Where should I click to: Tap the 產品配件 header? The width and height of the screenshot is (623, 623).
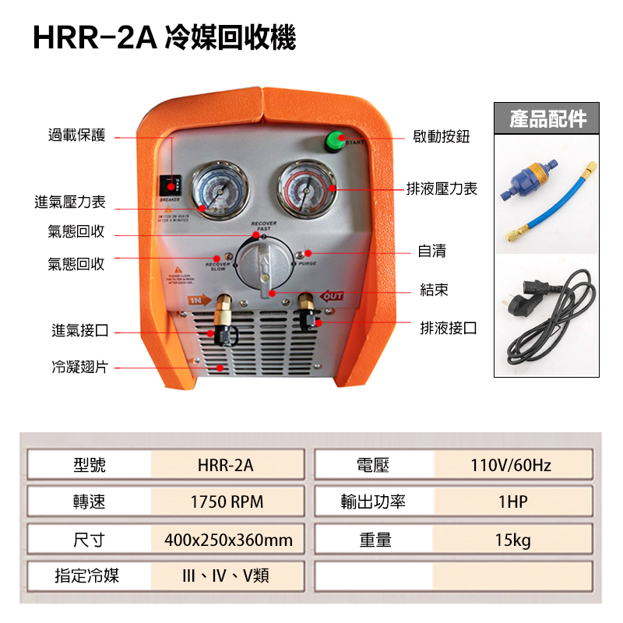click(547, 118)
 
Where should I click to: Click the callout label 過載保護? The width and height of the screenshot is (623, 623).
click(77, 137)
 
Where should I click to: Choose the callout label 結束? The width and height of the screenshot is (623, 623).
click(434, 290)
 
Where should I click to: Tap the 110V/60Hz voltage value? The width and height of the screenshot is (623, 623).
click(511, 466)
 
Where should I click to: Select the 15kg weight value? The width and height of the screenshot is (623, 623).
click(512, 540)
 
